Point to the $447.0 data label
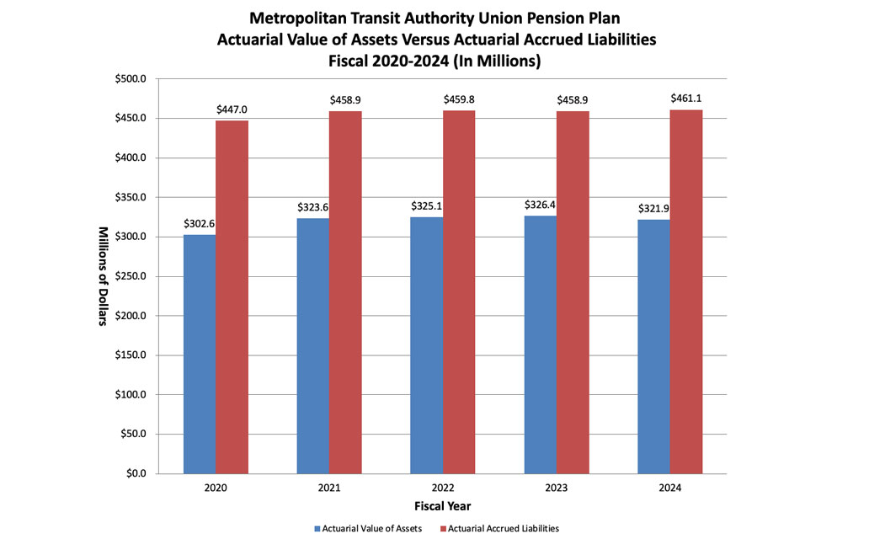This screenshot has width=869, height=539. tap(232, 109)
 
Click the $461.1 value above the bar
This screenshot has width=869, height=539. tap(686, 99)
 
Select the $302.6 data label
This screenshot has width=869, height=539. tap(200, 224)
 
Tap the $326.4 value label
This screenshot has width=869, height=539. tap(541, 205)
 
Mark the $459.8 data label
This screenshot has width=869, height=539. tap(459, 99)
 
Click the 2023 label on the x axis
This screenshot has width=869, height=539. tap(557, 488)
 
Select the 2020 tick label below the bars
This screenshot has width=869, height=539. tap(216, 488)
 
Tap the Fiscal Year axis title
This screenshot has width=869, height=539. tap(442, 506)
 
